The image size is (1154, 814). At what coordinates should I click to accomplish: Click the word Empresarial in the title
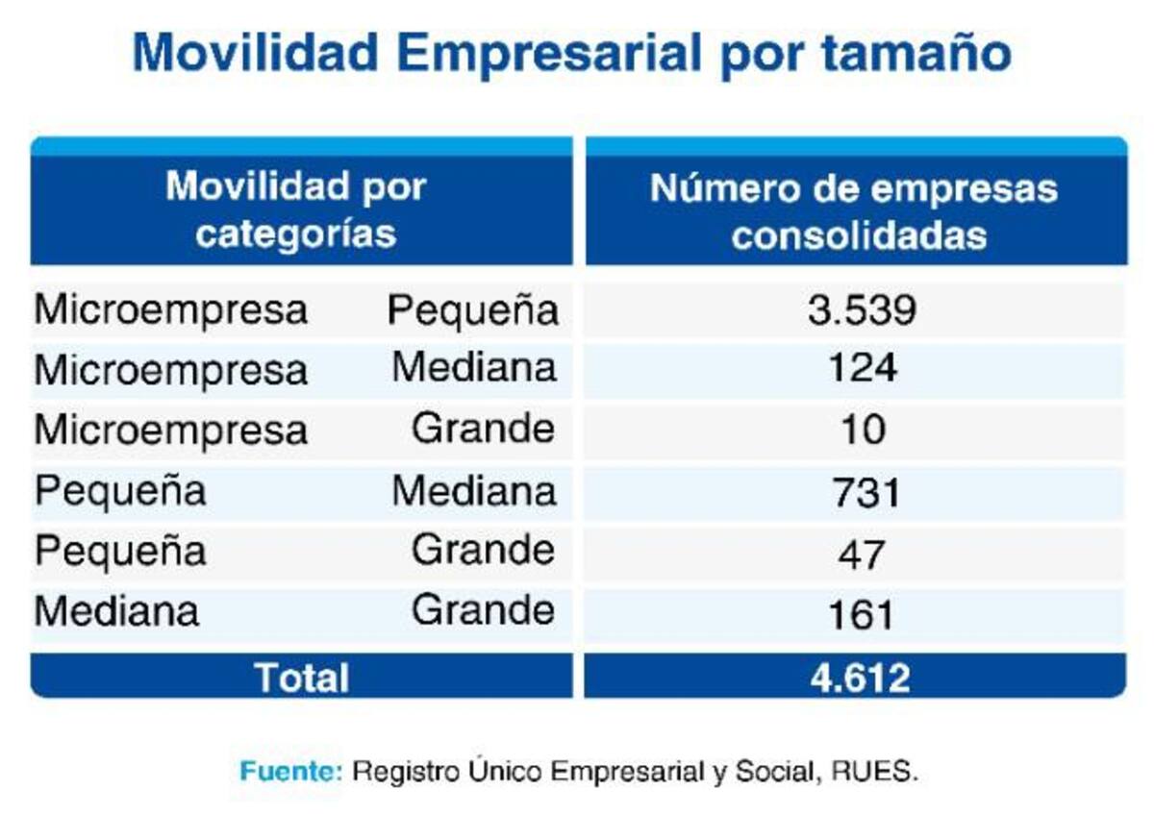[549, 54]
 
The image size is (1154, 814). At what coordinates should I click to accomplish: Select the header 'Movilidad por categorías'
[296, 210]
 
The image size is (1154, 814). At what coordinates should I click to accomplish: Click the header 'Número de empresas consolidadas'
[854, 211]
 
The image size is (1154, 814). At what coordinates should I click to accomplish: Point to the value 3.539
[862, 310]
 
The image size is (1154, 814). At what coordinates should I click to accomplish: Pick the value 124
[863, 368]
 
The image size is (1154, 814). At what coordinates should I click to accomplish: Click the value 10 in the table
[864, 430]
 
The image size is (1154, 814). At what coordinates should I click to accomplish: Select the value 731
[866, 492]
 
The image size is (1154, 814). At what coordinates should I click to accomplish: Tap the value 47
[861, 555]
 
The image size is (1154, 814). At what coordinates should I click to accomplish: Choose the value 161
[861, 615]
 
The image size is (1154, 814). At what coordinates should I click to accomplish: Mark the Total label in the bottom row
[302, 678]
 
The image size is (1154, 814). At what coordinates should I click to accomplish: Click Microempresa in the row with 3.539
[171, 310]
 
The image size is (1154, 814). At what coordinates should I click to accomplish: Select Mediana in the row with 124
[474, 368]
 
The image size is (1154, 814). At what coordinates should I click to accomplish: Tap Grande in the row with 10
[483, 429]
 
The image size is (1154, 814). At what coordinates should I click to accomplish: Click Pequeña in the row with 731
[120, 492]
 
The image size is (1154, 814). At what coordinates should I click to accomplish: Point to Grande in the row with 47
[483, 551]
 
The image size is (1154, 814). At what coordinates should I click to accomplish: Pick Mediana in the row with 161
[116, 612]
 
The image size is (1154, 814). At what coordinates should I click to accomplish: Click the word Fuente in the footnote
[291, 772]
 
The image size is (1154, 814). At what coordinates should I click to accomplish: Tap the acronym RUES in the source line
[875, 772]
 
